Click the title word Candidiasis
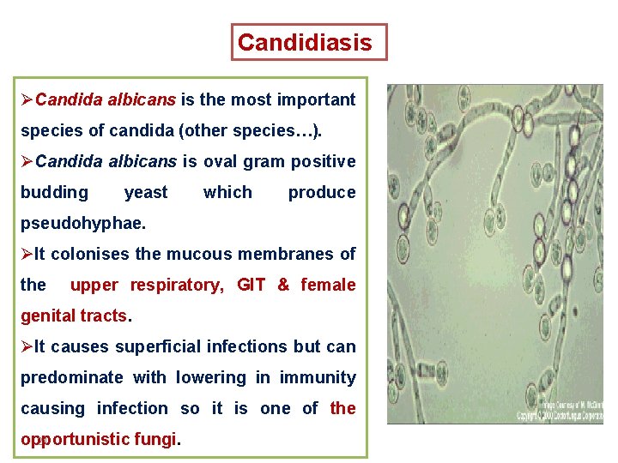pyautogui.click(x=305, y=42)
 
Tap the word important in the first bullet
pyautogui.click(x=315, y=99)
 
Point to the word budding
pyautogui.click(x=54, y=192)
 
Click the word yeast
pyautogui.click(x=146, y=192)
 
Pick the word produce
pyautogui.click(x=321, y=192)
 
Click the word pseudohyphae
pyautogui.click(x=82, y=223)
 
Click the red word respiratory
pyautogui.click(x=176, y=285)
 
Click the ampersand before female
pyautogui.click(x=283, y=285)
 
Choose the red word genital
pyautogui.click(x=49, y=316)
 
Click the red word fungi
pyautogui.click(x=154, y=439)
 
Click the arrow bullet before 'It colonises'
pyautogui.click(x=27, y=254)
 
